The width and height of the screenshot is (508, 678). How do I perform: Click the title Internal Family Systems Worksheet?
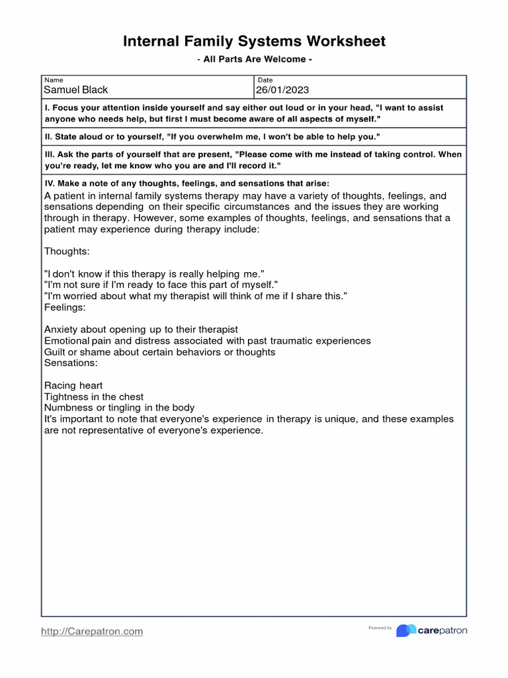coord(254,42)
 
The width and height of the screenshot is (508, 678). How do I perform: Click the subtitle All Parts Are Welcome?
coord(254,60)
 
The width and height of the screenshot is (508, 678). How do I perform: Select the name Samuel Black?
coord(75,90)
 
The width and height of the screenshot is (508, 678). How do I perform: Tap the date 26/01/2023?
coord(282,90)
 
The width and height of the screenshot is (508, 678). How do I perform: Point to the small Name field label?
coord(54,80)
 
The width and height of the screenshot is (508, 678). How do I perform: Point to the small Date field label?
coord(265,80)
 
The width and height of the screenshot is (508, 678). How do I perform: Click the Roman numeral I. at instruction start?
coord(47,107)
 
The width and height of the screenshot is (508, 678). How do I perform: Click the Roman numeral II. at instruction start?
coord(48,137)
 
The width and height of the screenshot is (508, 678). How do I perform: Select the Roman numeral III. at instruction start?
coord(50,154)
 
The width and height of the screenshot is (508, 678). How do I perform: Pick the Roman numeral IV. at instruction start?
coord(50,183)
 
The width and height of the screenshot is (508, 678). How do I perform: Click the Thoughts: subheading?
coord(67,252)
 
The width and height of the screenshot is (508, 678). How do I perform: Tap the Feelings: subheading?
coord(65,307)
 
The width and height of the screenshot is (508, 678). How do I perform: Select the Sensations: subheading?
coord(71,363)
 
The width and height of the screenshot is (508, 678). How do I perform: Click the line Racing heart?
coord(73,385)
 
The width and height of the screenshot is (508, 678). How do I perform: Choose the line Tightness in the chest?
coord(94,397)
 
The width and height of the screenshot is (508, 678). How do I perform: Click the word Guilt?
coord(56,352)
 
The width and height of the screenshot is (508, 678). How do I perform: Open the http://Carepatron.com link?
coord(92,632)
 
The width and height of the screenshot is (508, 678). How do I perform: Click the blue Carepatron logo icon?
coord(405,630)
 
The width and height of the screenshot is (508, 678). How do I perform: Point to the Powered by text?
coord(380,628)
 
